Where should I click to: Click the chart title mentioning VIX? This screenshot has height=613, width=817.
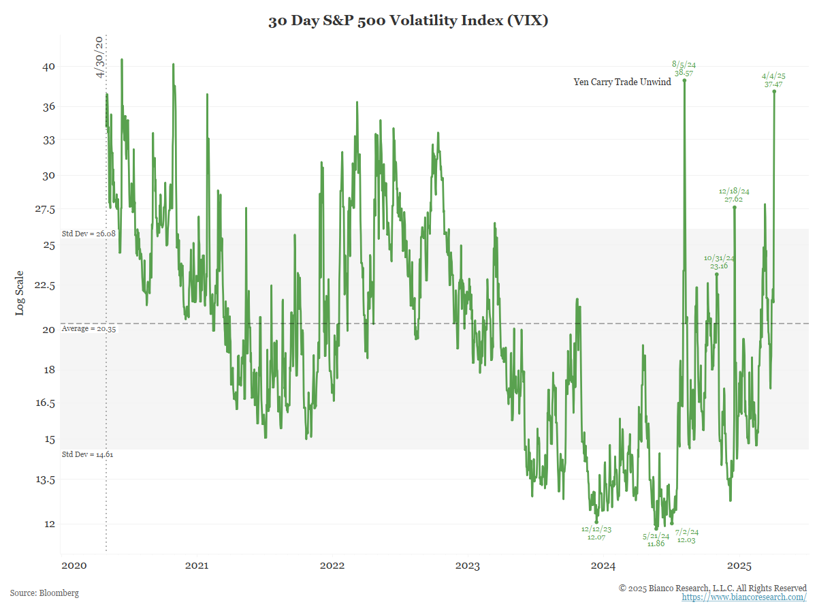(408, 21)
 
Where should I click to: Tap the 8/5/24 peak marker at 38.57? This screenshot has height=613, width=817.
(684, 80)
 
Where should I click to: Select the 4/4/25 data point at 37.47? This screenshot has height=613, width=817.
(775, 91)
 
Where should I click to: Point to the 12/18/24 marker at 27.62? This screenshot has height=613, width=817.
(734, 207)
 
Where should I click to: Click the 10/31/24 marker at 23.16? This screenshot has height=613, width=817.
(716, 274)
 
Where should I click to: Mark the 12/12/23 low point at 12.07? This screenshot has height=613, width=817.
(596, 522)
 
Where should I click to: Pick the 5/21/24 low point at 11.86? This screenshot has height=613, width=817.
(656, 529)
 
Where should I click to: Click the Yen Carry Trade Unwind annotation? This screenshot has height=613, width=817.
(622, 82)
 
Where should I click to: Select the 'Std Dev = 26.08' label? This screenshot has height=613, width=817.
(89, 234)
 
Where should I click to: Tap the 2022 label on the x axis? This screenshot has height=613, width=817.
(332, 566)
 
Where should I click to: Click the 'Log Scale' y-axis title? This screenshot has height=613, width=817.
(20, 293)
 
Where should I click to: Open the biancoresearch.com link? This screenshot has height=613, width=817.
(744, 597)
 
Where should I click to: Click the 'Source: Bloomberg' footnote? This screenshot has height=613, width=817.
(44, 593)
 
